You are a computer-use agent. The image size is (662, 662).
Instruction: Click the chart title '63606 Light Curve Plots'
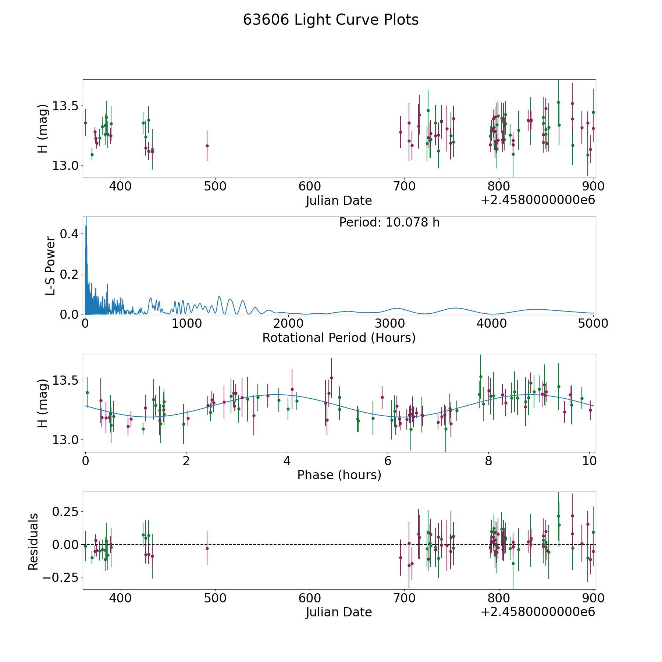coord(331,20)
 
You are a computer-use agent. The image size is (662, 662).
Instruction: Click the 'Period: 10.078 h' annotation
coord(389,223)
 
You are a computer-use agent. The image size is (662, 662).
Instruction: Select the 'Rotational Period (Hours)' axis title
coord(339,338)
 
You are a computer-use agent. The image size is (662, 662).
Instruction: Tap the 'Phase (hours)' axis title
coord(339,475)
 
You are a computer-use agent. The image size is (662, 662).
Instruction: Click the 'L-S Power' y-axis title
coord(50,266)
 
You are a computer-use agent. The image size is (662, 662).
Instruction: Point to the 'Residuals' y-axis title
coord(33,542)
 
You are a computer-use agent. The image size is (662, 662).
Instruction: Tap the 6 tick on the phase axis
coord(387,461)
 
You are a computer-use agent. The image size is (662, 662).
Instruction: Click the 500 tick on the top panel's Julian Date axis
coord(215,186)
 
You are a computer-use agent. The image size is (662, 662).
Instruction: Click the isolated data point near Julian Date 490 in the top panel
coord(207,146)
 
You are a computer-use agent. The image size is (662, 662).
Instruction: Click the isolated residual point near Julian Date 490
coord(207,548)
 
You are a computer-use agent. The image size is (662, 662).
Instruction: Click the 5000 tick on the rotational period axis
coord(593,324)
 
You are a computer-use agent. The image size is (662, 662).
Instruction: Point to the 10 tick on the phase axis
coord(589,461)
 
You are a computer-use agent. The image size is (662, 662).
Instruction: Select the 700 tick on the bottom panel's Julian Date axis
coord(404,598)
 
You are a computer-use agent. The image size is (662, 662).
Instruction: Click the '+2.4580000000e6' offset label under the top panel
coord(538,200)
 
